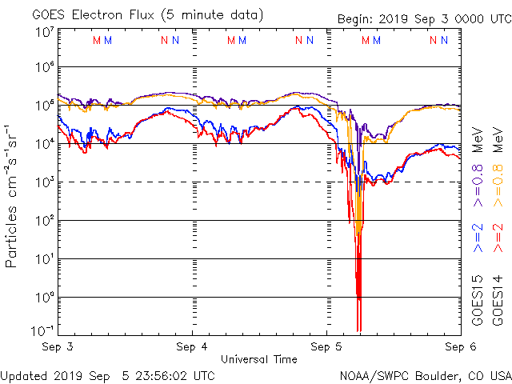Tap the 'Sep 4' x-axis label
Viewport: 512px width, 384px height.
click(x=192, y=347)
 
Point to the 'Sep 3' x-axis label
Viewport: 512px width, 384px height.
click(x=58, y=347)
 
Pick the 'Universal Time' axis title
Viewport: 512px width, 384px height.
click(x=259, y=358)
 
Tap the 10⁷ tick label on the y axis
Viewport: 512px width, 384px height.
click(x=44, y=32)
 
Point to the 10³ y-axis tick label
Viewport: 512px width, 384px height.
click(x=44, y=182)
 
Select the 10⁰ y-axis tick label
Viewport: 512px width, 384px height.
click(x=44, y=298)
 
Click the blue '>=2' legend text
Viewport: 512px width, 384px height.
click(x=478, y=238)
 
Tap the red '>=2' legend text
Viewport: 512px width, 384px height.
click(x=497, y=238)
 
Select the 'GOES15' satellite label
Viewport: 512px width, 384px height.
click(x=478, y=302)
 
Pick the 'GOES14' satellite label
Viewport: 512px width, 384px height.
click(x=497, y=302)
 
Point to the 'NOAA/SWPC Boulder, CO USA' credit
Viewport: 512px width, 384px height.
click(x=425, y=374)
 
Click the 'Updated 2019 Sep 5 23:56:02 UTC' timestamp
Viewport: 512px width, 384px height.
click(x=107, y=374)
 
